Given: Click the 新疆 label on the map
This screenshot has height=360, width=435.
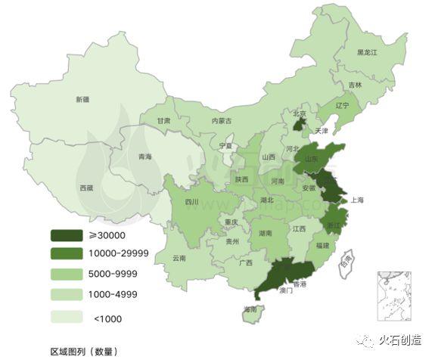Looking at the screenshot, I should click(x=82, y=99).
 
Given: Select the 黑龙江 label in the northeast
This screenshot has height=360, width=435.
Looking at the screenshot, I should click(x=371, y=52).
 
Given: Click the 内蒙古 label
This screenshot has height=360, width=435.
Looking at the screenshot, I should click(x=222, y=121).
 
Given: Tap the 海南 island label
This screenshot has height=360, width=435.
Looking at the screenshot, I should click(x=250, y=309).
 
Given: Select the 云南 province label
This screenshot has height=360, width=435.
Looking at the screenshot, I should click(x=179, y=257).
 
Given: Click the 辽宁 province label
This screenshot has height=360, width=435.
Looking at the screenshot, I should click(x=341, y=106).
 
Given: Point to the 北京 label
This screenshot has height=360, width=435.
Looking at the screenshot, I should click(x=300, y=113).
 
